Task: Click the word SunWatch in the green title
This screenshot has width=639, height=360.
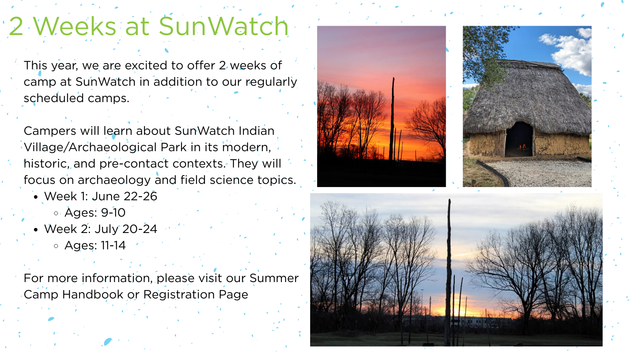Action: [x=224, y=26]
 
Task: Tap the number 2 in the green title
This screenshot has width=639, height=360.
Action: [x=16, y=26]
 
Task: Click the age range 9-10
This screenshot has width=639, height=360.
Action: [x=113, y=213]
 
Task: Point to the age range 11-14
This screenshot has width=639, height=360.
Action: [x=113, y=245]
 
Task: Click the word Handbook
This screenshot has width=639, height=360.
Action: [x=93, y=295]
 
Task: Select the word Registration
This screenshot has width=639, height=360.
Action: [x=179, y=295]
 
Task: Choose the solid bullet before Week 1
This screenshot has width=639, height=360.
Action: [x=36, y=197]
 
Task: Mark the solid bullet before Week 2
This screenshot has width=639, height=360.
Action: [x=36, y=229]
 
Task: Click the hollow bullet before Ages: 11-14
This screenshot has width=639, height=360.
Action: [x=56, y=246]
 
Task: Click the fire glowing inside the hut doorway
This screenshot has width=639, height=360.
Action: [x=522, y=147]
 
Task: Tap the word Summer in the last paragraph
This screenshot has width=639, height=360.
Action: [x=274, y=278]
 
